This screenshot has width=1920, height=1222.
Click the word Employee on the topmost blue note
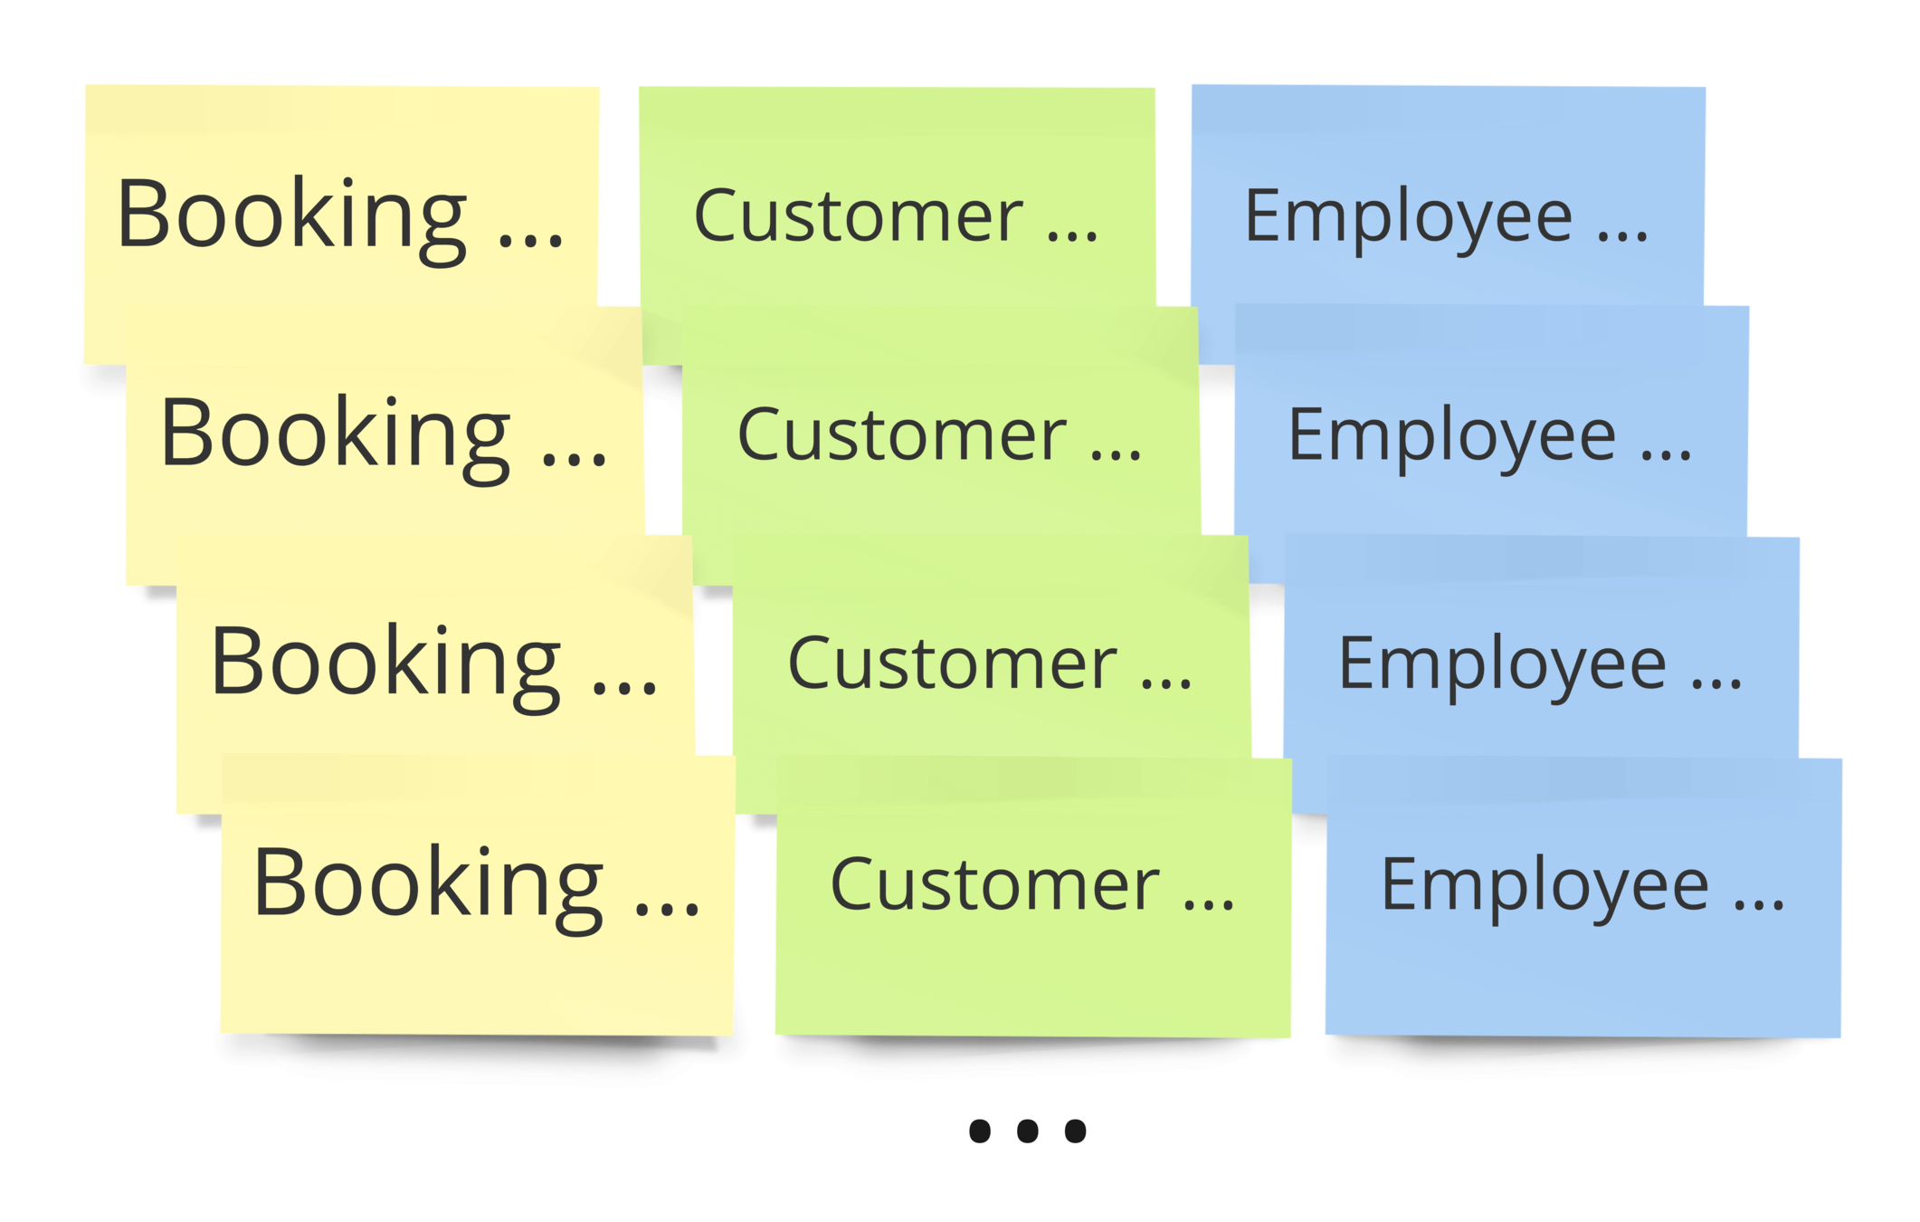[1408, 217]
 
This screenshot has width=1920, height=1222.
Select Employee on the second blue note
[1451, 436]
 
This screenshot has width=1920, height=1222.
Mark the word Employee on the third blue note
[1502, 664]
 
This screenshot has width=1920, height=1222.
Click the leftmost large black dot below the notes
[979, 1131]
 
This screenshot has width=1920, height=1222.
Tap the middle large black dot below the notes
[1027, 1131]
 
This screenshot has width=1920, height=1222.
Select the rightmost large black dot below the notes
[1075, 1131]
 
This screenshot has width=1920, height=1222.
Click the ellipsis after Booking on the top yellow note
[532, 241]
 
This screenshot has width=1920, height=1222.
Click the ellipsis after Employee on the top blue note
[1622, 237]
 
